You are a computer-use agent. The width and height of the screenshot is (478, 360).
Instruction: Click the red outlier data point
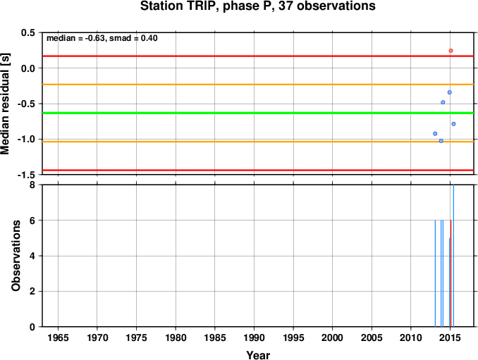[451, 51]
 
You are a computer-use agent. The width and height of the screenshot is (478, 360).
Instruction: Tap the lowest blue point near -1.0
[441, 141]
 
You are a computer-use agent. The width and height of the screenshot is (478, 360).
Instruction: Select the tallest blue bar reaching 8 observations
[453, 256]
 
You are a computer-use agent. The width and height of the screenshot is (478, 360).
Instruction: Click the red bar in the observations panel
[451, 273]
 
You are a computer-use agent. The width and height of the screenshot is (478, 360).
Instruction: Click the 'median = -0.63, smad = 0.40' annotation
[102, 38]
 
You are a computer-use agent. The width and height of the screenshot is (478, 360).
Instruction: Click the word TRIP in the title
[202, 6]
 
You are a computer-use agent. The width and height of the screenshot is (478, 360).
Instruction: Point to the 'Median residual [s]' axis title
[5, 104]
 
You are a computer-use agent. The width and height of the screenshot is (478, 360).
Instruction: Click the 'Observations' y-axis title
[16, 256]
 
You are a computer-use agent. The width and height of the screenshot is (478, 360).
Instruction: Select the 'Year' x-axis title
[258, 355]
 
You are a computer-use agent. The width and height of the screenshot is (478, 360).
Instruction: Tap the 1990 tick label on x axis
[254, 337]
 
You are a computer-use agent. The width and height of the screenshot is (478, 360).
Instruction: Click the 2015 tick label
[451, 337]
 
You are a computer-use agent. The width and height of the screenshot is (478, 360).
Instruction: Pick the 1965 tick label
[58, 337]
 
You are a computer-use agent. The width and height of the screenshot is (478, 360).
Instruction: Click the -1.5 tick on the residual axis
[26, 175]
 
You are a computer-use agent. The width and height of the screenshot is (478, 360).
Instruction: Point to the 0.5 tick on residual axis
[28, 32]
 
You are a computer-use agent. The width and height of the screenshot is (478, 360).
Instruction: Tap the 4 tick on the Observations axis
[32, 256]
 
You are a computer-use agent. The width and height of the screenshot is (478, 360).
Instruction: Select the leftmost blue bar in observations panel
[435, 273]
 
